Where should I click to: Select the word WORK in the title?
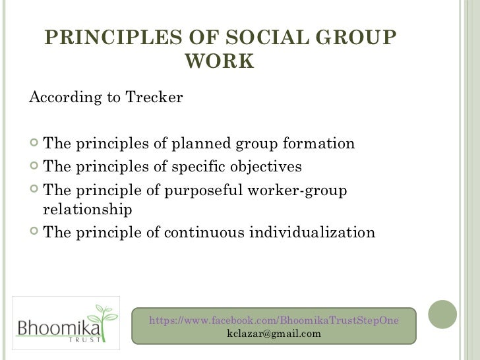click(x=220, y=61)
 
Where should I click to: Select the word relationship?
click(x=87, y=210)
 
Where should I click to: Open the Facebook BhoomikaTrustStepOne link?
click(x=274, y=320)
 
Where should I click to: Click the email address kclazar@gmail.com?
click(x=274, y=334)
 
